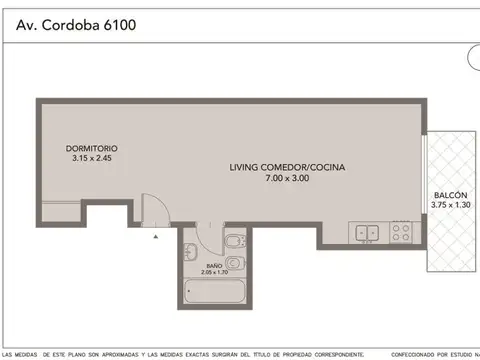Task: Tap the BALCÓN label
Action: pyautogui.click(x=449, y=195)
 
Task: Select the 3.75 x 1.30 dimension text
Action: pyautogui.click(x=449, y=204)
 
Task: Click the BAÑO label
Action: pyautogui.click(x=200, y=263)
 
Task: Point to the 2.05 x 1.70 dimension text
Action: pyautogui.click(x=201, y=271)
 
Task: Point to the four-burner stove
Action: pyautogui.click(x=401, y=233)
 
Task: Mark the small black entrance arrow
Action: pyautogui.click(x=156, y=237)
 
